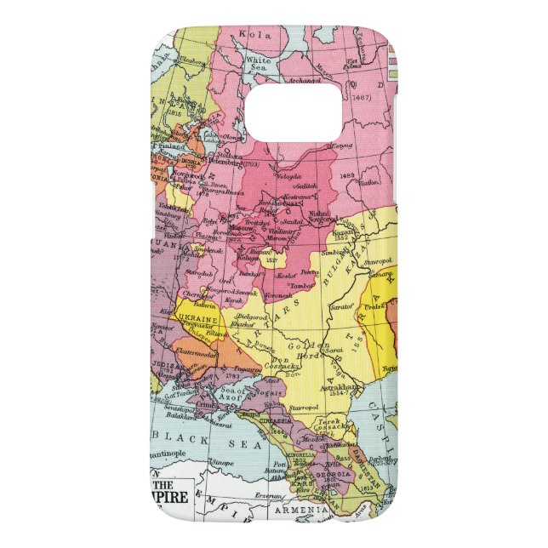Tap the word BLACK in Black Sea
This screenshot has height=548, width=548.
pos(180,437)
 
